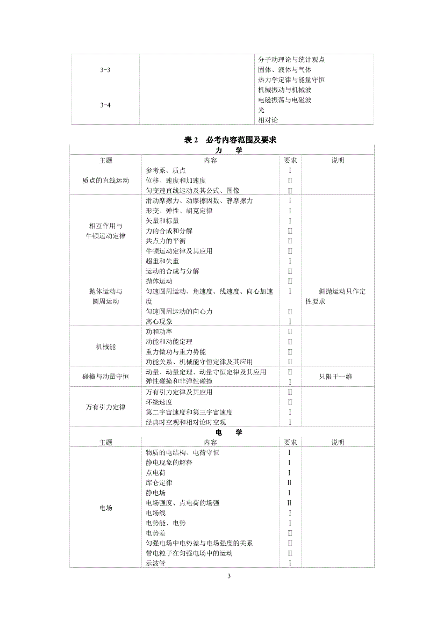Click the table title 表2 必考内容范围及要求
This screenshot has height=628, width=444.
click(230, 140)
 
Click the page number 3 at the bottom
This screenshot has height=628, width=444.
click(228, 576)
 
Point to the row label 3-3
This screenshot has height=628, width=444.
click(105, 70)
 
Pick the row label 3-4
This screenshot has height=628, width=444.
click(105, 105)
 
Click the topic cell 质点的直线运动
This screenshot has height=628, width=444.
click(105, 181)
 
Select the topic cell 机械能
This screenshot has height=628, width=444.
click(105, 347)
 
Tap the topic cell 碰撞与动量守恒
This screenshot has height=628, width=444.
click(105, 377)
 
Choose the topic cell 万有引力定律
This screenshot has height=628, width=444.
click(105, 407)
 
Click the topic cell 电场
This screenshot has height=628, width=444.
click(105, 508)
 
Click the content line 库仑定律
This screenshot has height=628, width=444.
click(159, 482)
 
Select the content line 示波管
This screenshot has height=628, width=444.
click(155, 563)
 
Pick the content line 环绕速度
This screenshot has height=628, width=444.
click(159, 402)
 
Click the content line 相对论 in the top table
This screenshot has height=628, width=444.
click(268, 120)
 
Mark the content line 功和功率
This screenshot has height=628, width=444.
click(159, 331)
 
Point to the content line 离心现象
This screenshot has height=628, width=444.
click(159, 321)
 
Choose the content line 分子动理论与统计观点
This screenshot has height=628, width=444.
click(291, 60)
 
